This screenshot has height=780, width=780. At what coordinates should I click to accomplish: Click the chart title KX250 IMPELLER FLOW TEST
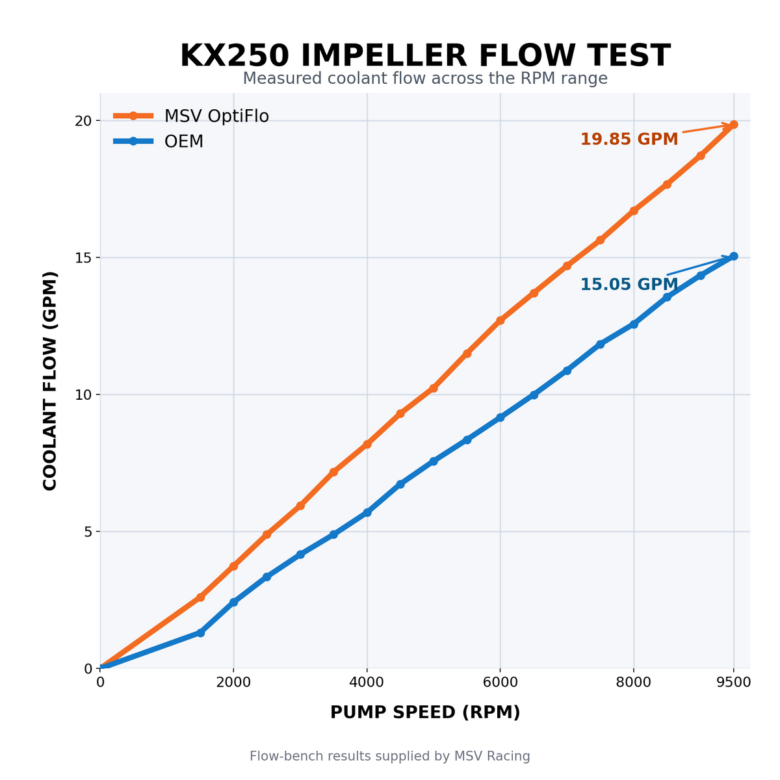tap(425, 55)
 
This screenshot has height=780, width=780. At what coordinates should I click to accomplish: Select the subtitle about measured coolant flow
tap(425, 78)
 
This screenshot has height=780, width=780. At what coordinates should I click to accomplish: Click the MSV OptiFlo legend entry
tap(191, 116)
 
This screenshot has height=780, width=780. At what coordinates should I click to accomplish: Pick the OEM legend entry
tap(158, 141)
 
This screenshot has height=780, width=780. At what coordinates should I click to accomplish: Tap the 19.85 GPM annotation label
tap(629, 139)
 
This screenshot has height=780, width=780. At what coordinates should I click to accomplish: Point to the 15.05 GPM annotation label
tap(629, 284)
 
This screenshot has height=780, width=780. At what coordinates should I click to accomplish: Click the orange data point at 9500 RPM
tap(733, 124)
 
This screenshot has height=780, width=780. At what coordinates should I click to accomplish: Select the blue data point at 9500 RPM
tap(733, 256)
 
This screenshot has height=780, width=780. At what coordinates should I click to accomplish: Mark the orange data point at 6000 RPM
tap(500, 320)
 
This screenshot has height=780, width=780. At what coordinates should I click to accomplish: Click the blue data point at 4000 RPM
tap(367, 512)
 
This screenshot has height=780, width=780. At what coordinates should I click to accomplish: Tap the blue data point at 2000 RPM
tap(233, 602)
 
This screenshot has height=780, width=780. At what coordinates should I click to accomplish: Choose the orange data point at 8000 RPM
tap(634, 211)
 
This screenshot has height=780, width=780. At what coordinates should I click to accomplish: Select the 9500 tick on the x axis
tap(733, 682)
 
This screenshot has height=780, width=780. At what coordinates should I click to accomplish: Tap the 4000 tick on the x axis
tap(367, 682)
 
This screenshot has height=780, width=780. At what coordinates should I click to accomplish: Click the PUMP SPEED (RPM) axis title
tap(425, 712)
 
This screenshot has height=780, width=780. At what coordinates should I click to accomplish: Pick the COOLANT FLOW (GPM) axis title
tap(50, 381)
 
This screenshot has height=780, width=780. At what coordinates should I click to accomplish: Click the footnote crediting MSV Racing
tap(390, 756)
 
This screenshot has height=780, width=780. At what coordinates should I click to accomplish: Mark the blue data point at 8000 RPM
tap(634, 324)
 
